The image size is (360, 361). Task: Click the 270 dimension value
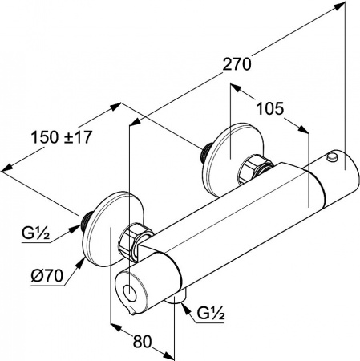[x=237, y=64]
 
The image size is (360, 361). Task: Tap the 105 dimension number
[x=269, y=108]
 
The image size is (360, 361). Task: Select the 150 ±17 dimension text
[x=62, y=137]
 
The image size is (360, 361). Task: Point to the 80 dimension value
[x=142, y=341]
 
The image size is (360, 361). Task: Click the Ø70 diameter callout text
[x=47, y=275]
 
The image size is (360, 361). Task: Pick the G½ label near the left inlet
[x=35, y=234]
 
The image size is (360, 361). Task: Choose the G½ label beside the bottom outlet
[x=210, y=314]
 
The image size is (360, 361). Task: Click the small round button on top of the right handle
[x=332, y=157]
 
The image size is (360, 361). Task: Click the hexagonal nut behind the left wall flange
[x=131, y=241]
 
